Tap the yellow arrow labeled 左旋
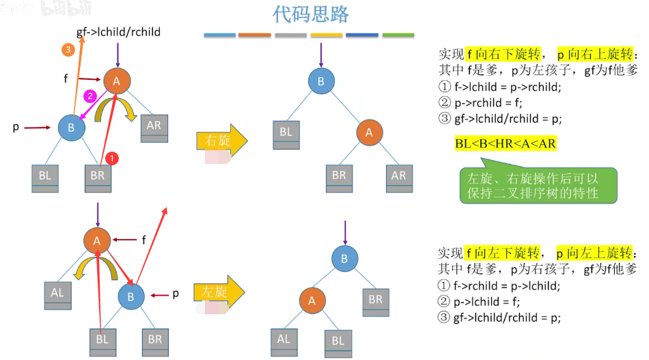coord(219,292)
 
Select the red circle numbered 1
coord(113,158)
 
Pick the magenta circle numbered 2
coord(89,96)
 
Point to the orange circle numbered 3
coord(67,49)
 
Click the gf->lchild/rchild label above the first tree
coord(118,32)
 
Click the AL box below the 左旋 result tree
coord(284,340)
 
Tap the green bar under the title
coord(398,35)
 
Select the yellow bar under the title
coord(327,35)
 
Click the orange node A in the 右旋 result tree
coord(370,133)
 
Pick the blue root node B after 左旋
coord(345,258)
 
